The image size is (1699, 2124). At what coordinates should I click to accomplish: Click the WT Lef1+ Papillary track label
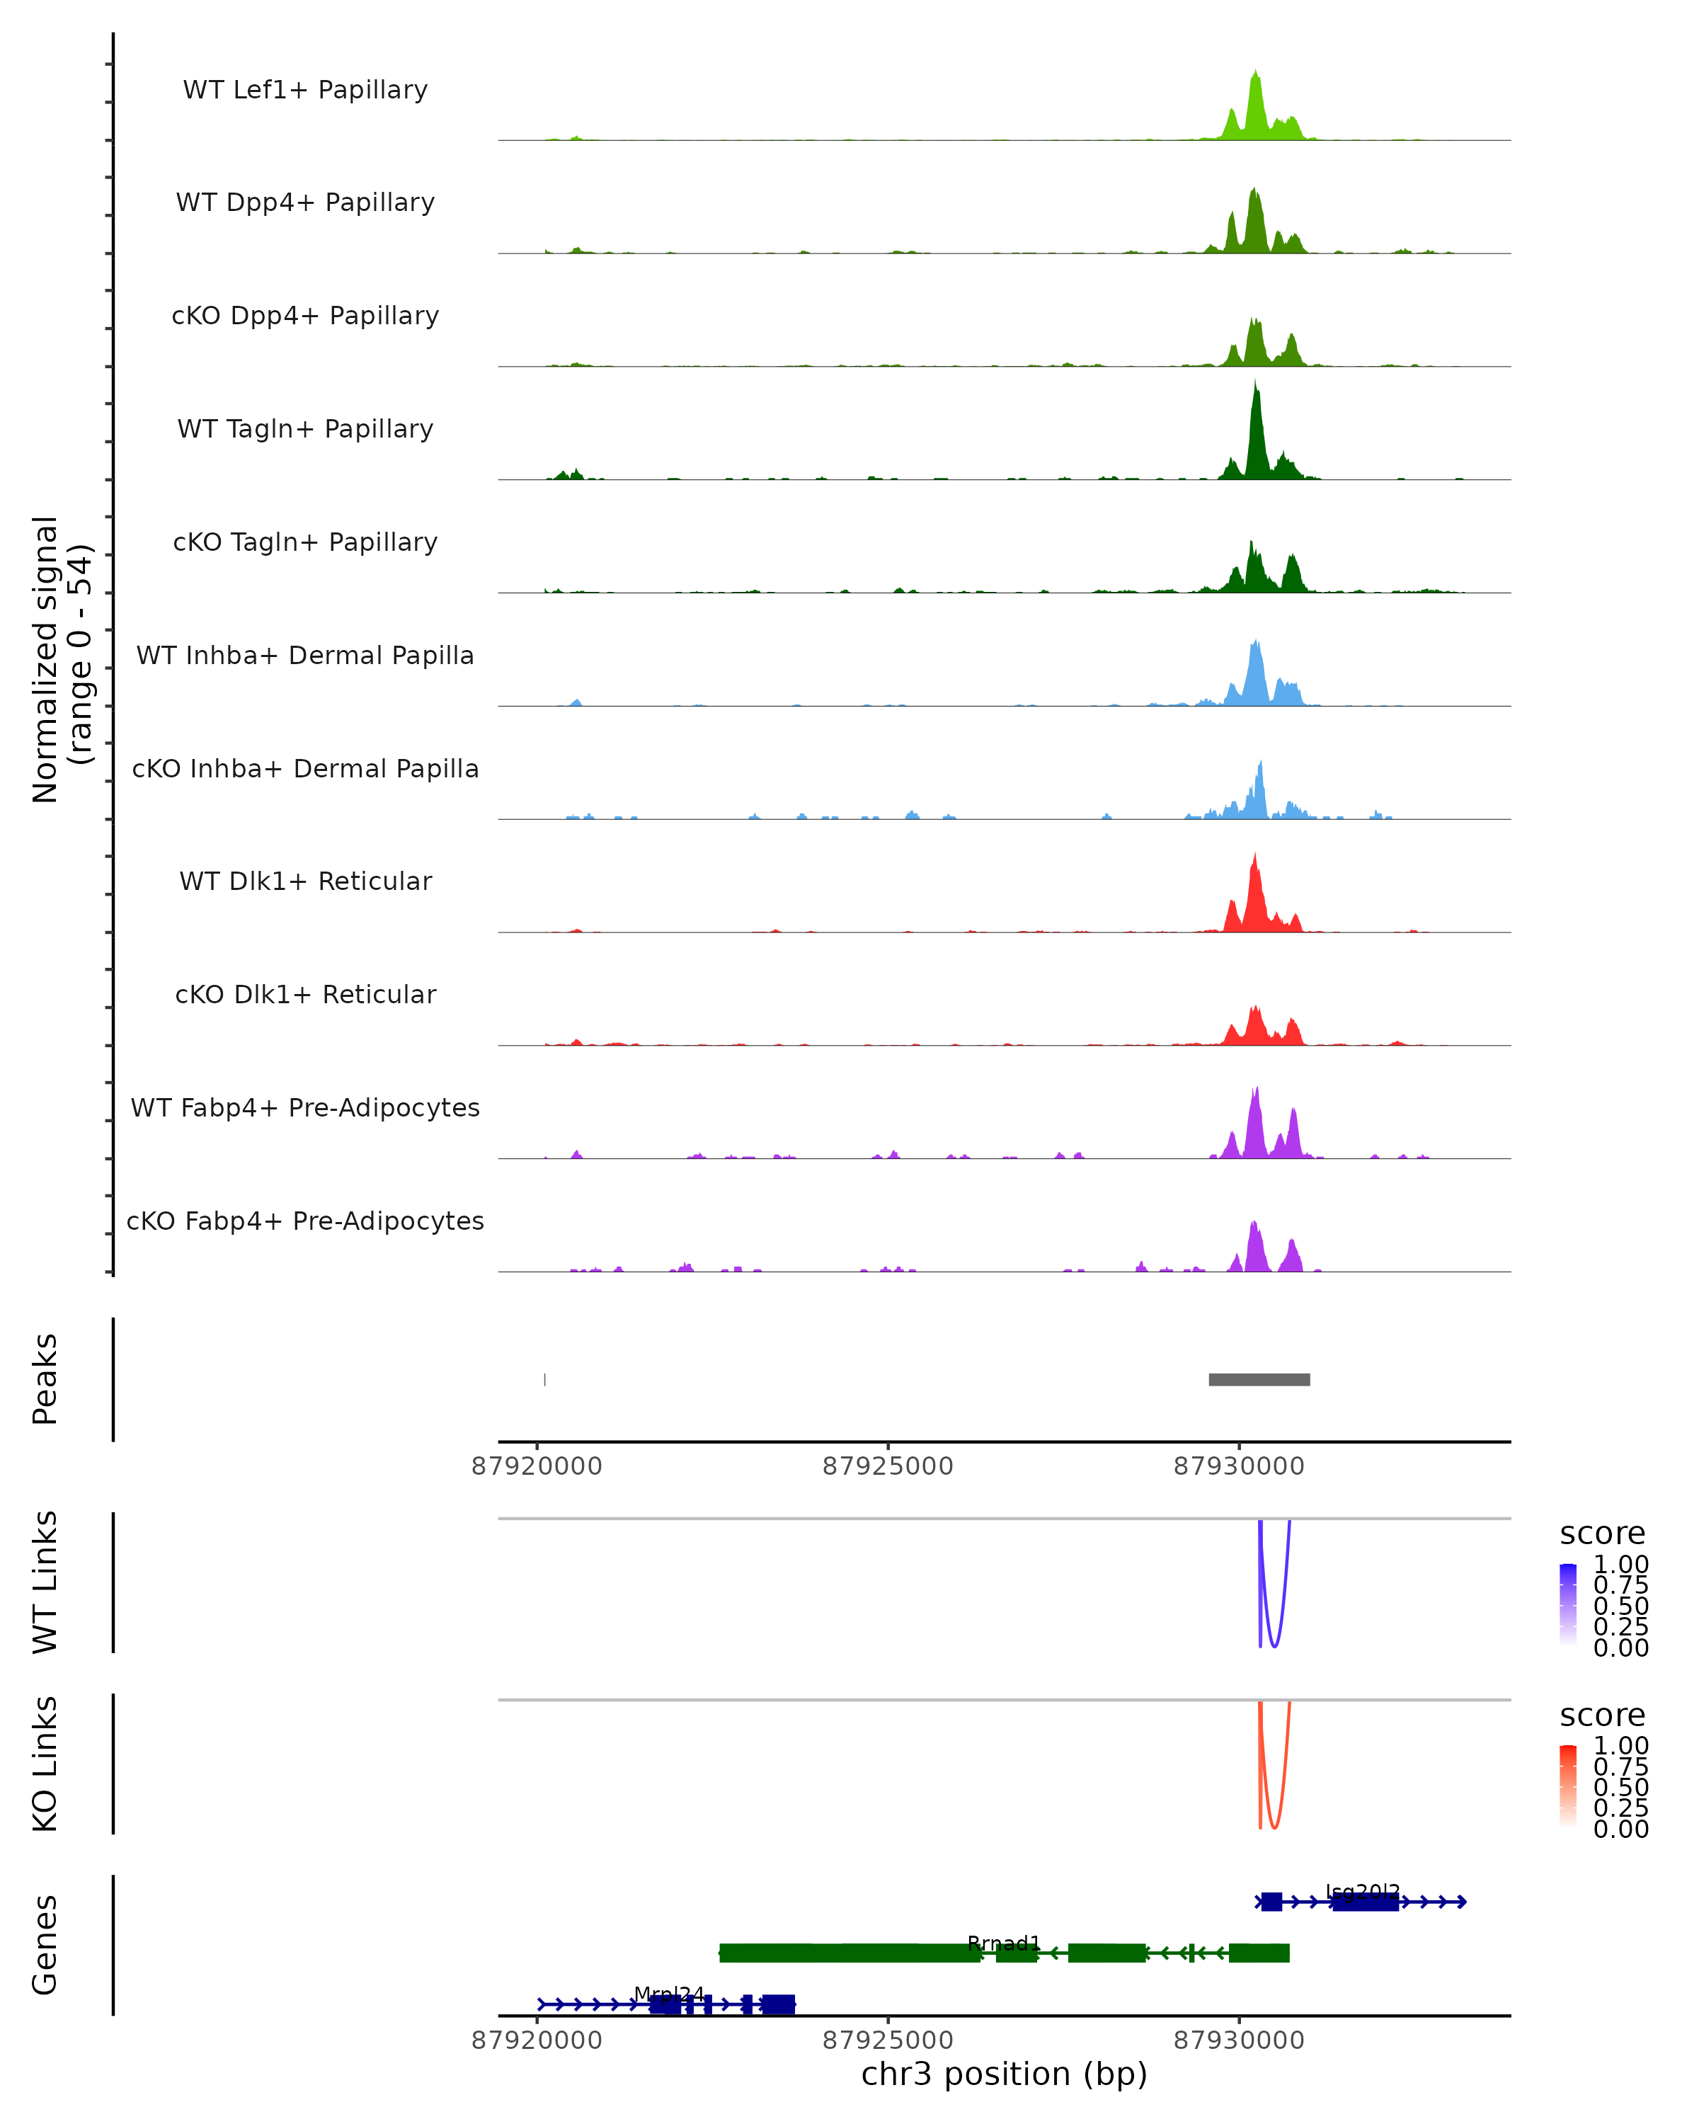(x=305, y=90)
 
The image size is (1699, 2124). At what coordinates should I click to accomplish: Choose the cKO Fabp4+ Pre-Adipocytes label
(x=305, y=1221)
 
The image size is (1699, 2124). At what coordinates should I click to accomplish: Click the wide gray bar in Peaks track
(x=1259, y=1379)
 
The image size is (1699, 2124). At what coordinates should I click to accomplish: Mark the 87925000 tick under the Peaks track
(x=888, y=1466)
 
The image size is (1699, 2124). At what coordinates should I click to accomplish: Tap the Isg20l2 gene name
(x=1362, y=1892)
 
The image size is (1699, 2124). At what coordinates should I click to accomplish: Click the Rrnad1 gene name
(x=1004, y=1943)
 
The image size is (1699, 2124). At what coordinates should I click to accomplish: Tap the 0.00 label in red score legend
(x=1620, y=1829)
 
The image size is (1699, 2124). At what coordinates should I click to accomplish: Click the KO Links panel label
(x=45, y=1764)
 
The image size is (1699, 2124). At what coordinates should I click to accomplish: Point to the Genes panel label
(x=45, y=1945)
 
